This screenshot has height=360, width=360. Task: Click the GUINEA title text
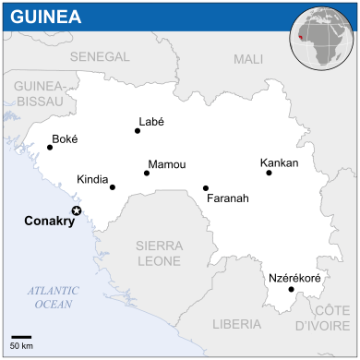[x=45, y=18]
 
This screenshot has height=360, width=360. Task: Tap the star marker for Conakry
[x=77, y=211]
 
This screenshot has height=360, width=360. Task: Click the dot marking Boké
[x=50, y=147]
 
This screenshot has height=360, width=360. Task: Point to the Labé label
[x=150, y=121]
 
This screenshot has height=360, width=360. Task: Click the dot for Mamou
[x=147, y=173]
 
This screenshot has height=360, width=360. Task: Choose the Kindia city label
[x=92, y=179]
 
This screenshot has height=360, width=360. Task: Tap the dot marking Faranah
[x=206, y=188]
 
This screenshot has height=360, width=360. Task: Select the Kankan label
[x=280, y=162]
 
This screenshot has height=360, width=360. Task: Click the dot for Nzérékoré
[x=292, y=290]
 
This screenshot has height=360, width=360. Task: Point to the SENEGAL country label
[x=99, y=56]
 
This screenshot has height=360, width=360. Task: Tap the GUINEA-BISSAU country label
[x=38, y=93]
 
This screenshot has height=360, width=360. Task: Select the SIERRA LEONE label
[x=158, y=253]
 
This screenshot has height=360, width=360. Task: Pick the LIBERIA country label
[x=236, y=324]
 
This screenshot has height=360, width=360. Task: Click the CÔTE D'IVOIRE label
[x=318, y=318]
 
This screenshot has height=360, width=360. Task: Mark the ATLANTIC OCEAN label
[x=54, y=296]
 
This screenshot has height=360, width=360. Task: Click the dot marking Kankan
[x=268, y=173]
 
